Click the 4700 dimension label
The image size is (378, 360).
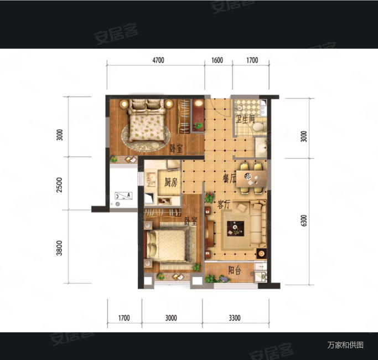tap(158, 60)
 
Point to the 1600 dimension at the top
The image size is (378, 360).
tap(217, 60)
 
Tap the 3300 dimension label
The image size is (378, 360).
tap(235, 318)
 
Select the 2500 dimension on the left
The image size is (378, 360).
tap(59, 185)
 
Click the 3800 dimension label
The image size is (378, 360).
tap(59, 248)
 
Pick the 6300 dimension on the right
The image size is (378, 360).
tap(304, 220)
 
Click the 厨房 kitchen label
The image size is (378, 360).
tap(171, 182)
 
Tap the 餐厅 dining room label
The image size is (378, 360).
tap(229, 178)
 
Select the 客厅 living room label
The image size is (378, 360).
tap(224, 205)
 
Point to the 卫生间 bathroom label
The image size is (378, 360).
tap(245, 119)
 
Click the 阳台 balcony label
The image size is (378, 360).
tap(235, 270)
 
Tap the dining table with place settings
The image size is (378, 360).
tap(251, 178)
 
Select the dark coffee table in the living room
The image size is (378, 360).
tap(236, 229)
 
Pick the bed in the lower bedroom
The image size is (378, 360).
tap(168, 245)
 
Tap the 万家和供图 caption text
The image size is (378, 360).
tap(345, 345)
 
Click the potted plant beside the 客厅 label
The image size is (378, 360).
tap(210, 197)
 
